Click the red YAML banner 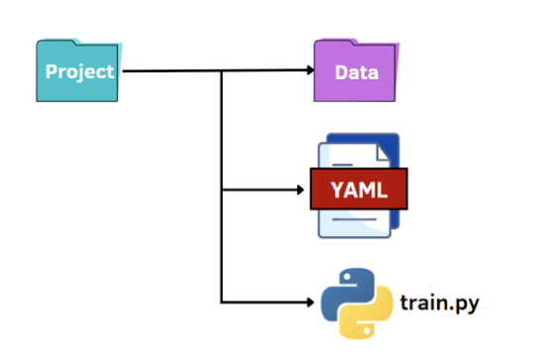[x=359, y=188]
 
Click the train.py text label [x=439, y=300]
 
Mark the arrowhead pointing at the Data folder [x=309, y=71]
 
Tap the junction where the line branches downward [x=222, y=71]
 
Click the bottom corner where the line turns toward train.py [x=222, y=300]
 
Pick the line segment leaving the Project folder [x=168, y=71]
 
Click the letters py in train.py [x=467, y=302]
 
